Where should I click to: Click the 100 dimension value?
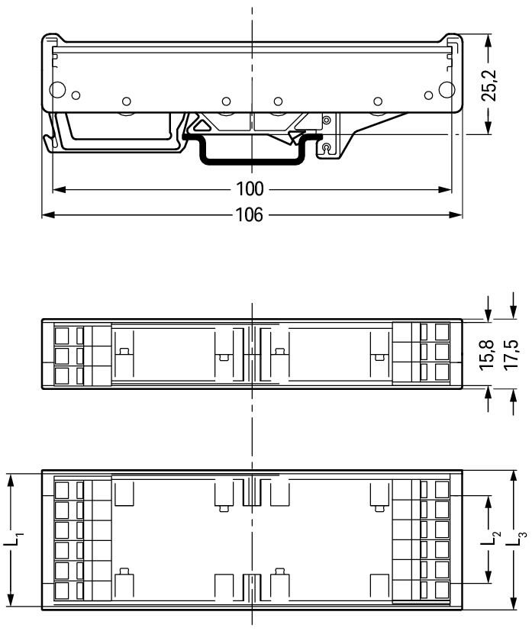pyautogui.click(x=250, y=188)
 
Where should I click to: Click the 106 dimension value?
pyautogui.click(x=250, y=215)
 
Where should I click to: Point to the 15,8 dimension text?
pyautogui.click(x=486, y=355)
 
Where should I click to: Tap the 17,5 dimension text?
pyautogui.click(x=511, y=355)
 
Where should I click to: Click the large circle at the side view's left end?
pyautogui.click(x=57, y=89)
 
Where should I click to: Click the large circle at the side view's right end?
pyautogui.click(x=447, y=89)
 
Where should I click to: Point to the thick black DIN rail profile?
pyautogui.click(x=253, y=163)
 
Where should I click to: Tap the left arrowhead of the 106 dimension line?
pyautogui.click(x=48, y=215)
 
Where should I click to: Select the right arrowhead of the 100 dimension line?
pyautogui.click(x=445, y=189)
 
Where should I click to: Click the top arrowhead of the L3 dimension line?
pyautogui.click(x=513, y=476)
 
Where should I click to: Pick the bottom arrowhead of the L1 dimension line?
pyautogui.click(x=11, y=601)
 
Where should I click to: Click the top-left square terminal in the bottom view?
pyautogui.click(x=62, y=490)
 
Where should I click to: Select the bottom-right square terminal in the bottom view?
pyautogui.click(x=442, y=590)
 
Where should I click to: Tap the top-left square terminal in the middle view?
pyautogui.click(x=62, y=335)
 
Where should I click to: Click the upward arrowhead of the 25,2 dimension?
pyautogui.click(x=488, y=40)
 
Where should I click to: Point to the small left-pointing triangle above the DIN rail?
pyautogui.click(x=202, y=125)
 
